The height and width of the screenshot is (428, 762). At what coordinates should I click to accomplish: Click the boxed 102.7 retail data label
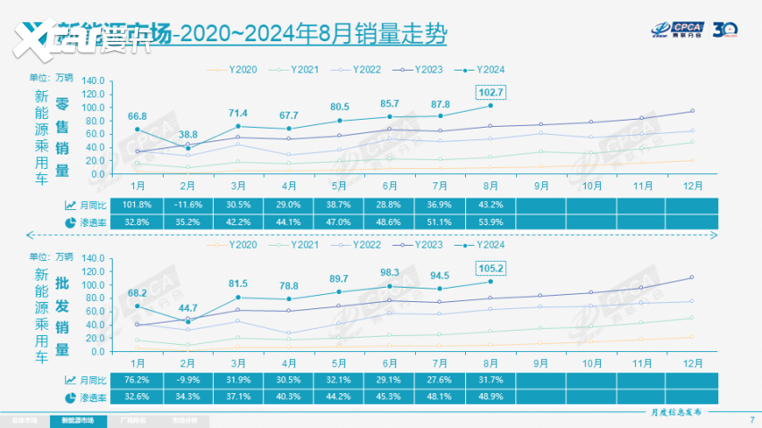coord(490,92)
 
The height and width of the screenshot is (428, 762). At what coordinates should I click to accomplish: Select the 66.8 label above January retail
coord(137,116)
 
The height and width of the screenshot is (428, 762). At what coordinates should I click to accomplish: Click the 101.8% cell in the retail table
coord(137,206)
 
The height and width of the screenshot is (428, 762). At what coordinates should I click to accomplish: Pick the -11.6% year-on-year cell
coord(188,206)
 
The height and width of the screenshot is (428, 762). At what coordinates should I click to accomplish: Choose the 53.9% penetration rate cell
coord(490,222)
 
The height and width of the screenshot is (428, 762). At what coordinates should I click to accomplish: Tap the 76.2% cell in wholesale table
coord(137,380)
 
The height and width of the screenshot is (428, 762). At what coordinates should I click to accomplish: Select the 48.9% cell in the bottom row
coord(490,396)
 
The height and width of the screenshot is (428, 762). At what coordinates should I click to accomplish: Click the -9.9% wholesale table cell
coord(188,380)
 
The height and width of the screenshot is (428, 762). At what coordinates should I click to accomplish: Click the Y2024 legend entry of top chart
coord(483,69)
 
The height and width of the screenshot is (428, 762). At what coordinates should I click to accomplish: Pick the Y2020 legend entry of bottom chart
coord(236,244)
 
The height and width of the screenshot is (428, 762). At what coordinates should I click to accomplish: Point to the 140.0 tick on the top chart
coord(93,81)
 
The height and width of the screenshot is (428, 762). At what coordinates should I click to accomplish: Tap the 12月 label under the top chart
coord(691,187)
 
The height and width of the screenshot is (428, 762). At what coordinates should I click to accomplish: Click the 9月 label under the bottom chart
coord(540,363)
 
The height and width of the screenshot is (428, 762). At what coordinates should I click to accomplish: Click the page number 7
coord(749,419)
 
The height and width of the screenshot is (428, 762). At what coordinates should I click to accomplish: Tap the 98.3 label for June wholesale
coord(390,273)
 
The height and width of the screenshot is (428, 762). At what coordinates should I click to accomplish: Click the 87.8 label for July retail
coord(440,104)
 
